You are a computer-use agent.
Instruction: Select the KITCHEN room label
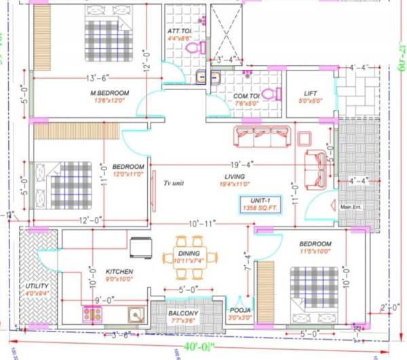click(x=119, y=271)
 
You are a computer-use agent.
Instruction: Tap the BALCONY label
click(x=182, y=313)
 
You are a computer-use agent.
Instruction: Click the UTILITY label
click(x=37, y=285)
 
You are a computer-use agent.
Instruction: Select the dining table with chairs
click(x=191, y=257)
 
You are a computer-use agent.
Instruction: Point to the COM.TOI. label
click(x=246, y=96)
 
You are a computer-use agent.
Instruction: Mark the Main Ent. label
click(x=352, y=207)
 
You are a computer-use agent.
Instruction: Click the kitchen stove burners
click(x=92, y=314)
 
